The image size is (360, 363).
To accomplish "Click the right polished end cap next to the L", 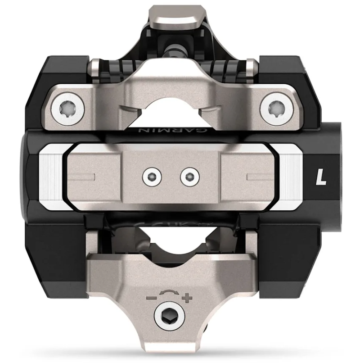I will [288, 176].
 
